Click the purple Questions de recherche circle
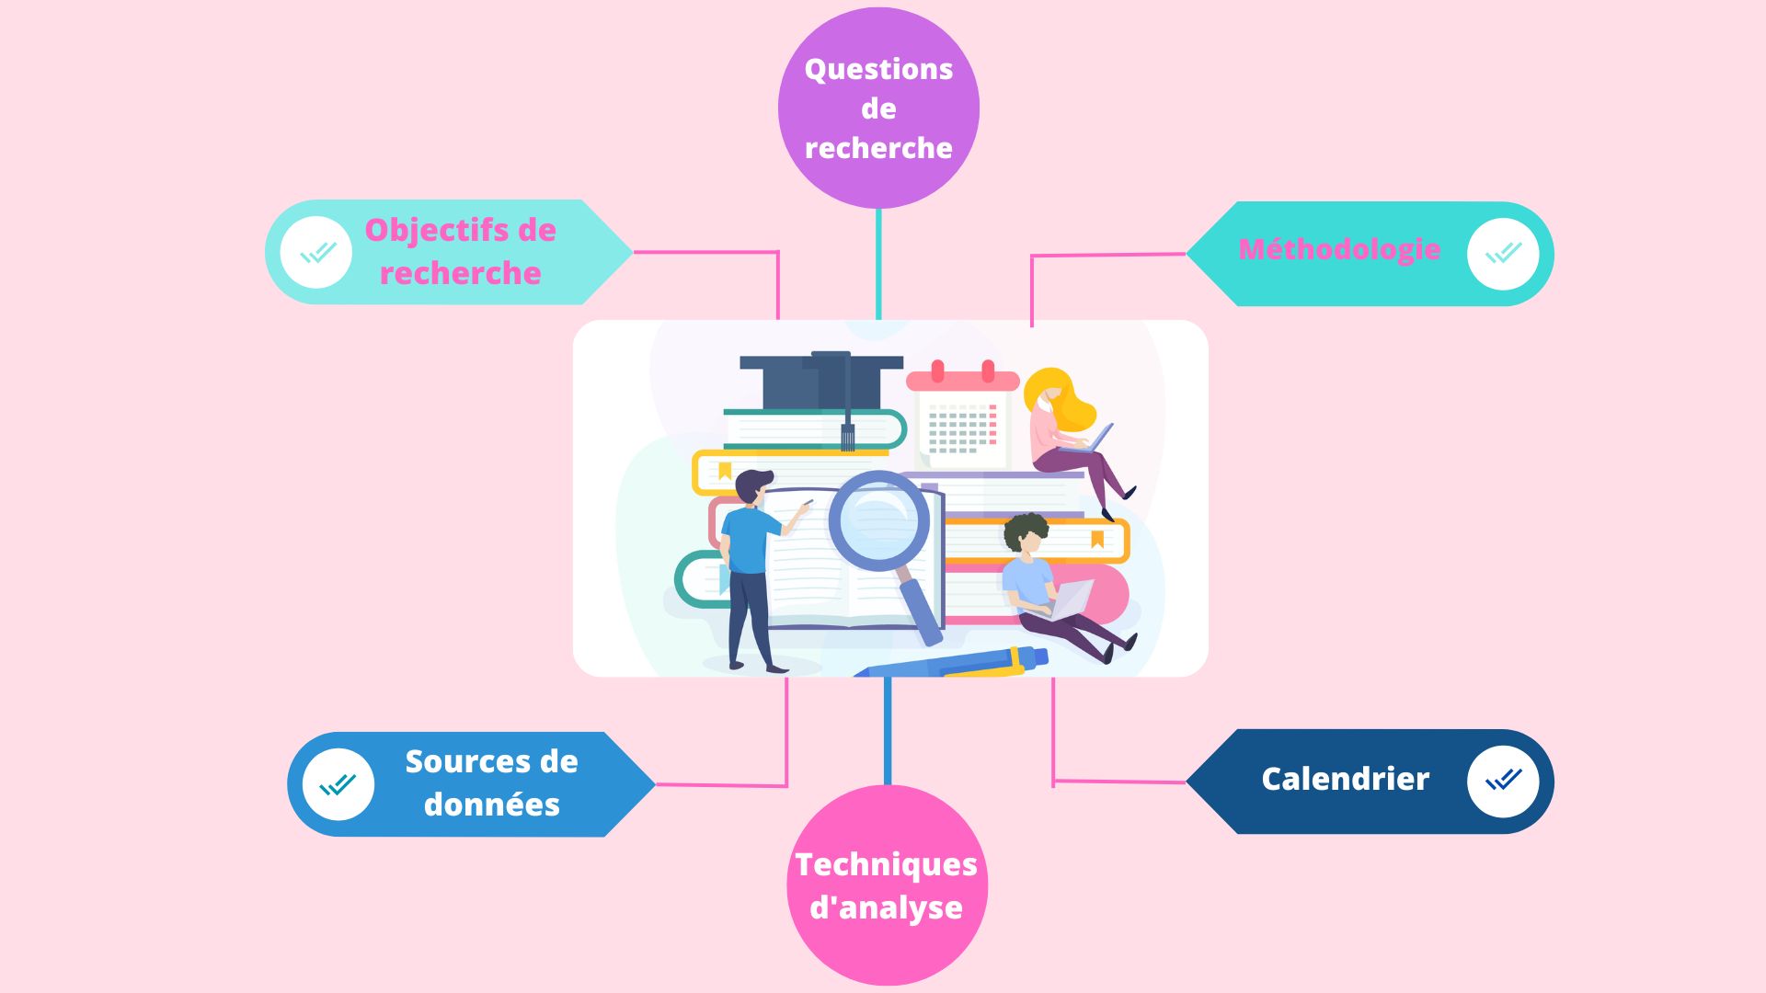[878, 108]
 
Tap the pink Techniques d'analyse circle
[887, 885]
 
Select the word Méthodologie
[1339, 249]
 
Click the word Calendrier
[1345, 779]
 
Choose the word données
[491, 805]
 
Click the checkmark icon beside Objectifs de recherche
[316, 252]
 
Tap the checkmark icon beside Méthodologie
[1503, 253]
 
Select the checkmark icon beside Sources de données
[338, 784]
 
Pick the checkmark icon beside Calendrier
[1503, 781]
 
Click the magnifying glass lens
[878, 519]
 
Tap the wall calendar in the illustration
[962, 418]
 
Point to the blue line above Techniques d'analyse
[887, 731]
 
